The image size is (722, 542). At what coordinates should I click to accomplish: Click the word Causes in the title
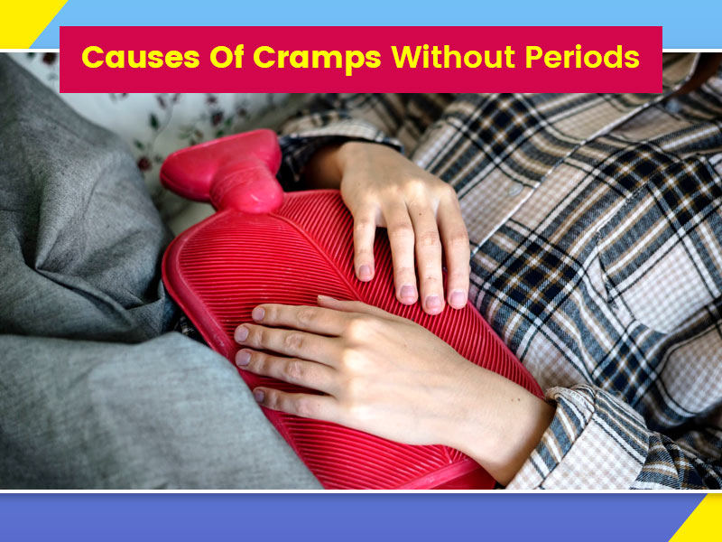tap(141, 57)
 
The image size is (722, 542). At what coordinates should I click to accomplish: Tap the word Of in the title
tap(227, 57)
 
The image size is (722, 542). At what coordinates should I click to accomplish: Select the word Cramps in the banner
tap(317, 59)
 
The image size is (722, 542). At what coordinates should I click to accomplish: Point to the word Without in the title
tap(453, 57)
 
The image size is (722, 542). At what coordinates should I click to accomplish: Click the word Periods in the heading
tap(582, 57)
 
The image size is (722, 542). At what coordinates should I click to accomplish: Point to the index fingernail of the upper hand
tap(366, 272)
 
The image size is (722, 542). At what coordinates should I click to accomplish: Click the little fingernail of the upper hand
tap(458, 299)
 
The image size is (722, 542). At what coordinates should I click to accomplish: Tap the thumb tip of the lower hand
tap(325, 300)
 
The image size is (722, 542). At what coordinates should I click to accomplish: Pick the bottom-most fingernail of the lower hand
tap(259, 395)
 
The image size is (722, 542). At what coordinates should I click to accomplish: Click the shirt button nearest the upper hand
tap(516, 190)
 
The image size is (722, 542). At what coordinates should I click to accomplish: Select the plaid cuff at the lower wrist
tap(585, 438)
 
